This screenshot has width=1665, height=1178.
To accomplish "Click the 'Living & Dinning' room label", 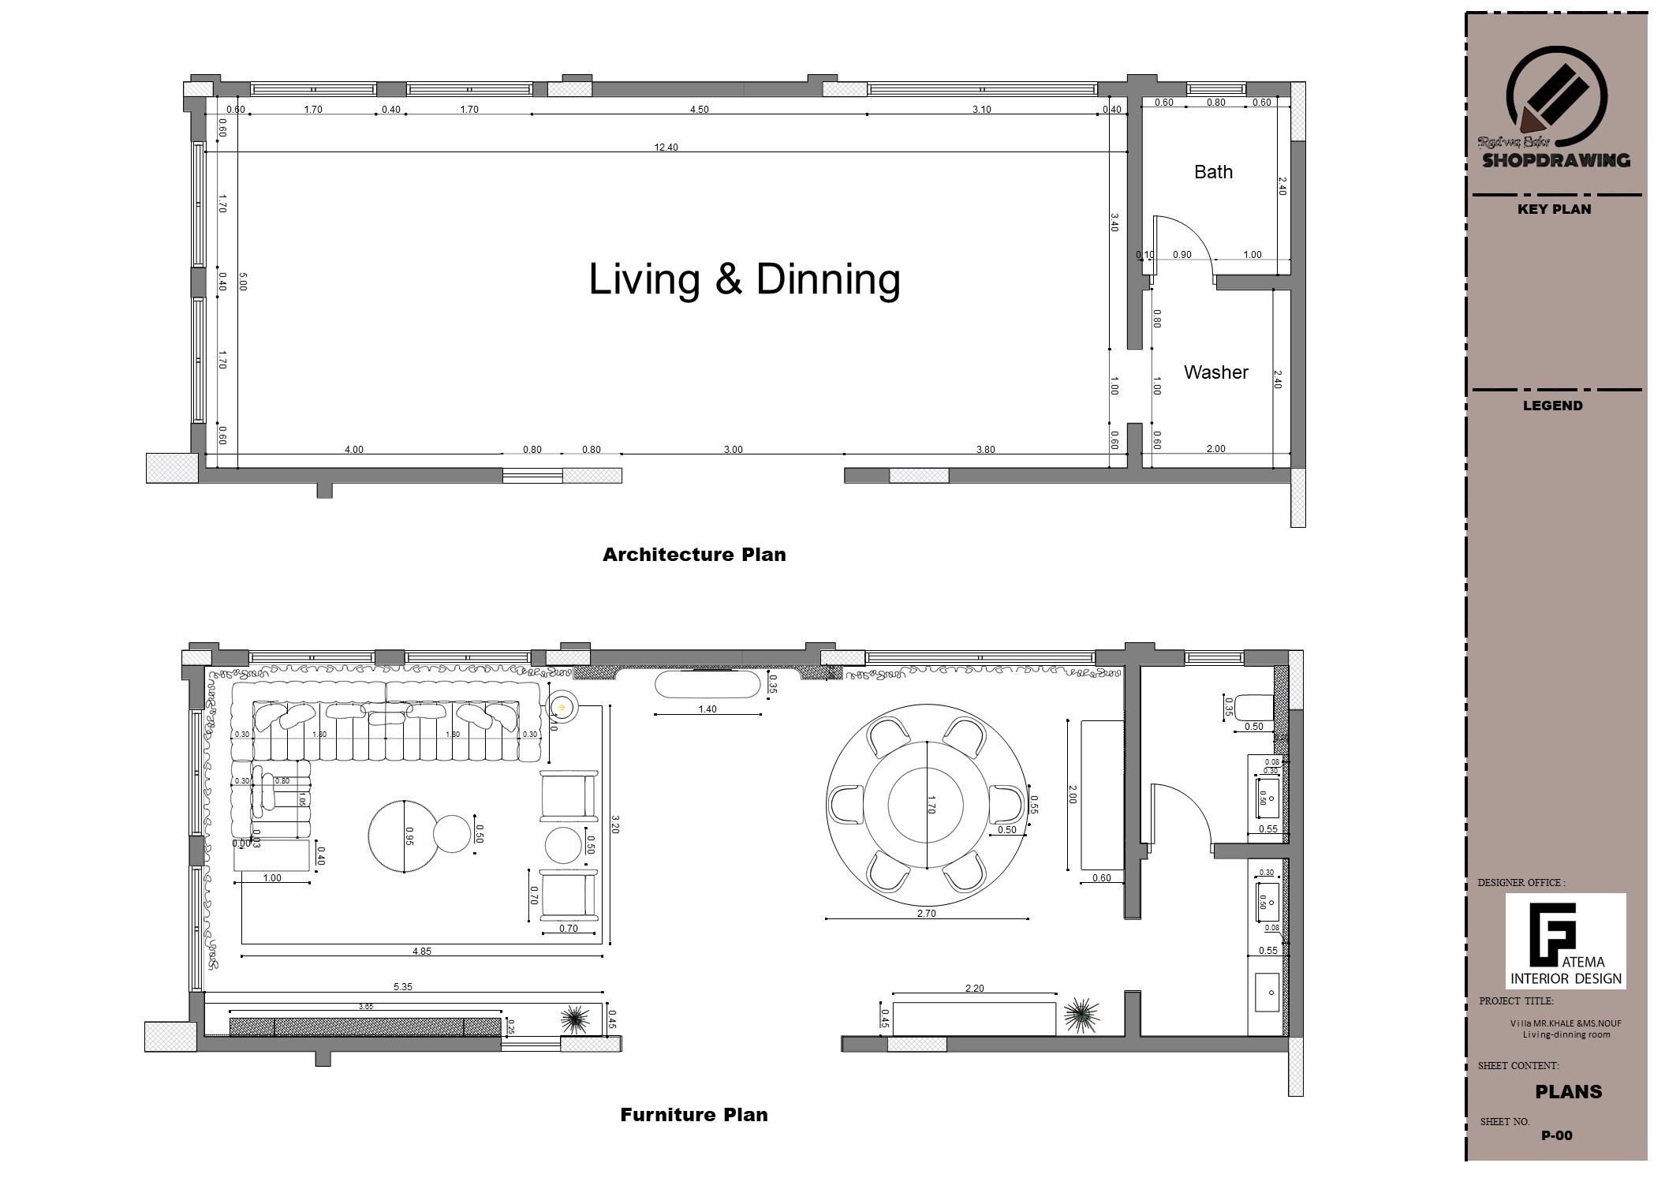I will pos(744,280).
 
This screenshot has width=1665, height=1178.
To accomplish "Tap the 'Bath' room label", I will pos(1212,172).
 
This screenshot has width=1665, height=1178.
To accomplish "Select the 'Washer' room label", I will pos(1215,372).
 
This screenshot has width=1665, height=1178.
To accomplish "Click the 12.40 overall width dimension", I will pos(666,148).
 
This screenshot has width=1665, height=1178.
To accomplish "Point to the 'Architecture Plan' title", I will pos(694,555).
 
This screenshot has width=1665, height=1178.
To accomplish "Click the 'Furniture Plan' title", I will pos(693,1115).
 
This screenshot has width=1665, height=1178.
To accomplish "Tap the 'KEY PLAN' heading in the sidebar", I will pos(1554,209).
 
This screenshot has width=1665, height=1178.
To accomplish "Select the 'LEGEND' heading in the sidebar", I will pos(1552,406).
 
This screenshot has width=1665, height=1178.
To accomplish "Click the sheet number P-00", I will pos(1556,1136).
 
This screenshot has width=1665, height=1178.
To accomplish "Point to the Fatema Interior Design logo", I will pos(1565,941).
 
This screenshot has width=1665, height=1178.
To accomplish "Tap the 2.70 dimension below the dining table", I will pos(926,914).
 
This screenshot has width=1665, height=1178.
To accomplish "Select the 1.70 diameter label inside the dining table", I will pos(931,805).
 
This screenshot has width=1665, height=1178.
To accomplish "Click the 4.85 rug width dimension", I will pos(422,952).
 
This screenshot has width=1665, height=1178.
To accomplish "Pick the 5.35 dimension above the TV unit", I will pos(403,987).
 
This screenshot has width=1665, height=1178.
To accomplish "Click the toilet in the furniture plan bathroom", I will pos(1254,705).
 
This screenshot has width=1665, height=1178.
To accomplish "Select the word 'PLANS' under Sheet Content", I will pos(1568,1092).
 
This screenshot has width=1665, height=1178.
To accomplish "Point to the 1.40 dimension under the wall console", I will pos(707,709).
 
